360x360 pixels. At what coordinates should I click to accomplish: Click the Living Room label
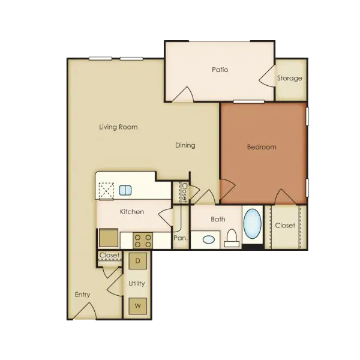(x=118, y=127)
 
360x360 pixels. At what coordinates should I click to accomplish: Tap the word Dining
(x=185, y=145)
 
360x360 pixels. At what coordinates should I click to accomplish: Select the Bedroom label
(x=262, y=147)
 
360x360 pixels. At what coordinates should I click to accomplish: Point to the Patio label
(x=220, y=70)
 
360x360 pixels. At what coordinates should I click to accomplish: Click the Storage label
(x=290, y=78)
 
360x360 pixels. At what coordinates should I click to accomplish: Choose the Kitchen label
(x=132, y=212)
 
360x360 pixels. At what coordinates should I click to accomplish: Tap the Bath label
(x=218, y=219)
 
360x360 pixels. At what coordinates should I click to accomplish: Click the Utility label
(x=137, y=284)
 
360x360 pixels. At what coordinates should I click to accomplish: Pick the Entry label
(x=82, y=295)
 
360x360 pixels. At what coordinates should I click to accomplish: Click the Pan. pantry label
(x=181, y=238)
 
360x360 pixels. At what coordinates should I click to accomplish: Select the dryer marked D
(x=138, y=261)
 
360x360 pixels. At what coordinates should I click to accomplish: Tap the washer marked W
(x=138, y=306)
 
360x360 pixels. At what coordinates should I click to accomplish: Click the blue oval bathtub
(x=253, y=223)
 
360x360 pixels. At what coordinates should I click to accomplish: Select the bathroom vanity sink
(x=209, y=239)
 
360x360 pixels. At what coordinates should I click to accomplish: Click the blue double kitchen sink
(x=125, y=190)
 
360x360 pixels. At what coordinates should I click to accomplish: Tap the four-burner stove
(x=143, y=241)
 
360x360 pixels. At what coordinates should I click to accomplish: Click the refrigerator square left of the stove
(x=109, y=238)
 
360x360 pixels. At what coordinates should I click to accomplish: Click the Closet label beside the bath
(x=285, y=226)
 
